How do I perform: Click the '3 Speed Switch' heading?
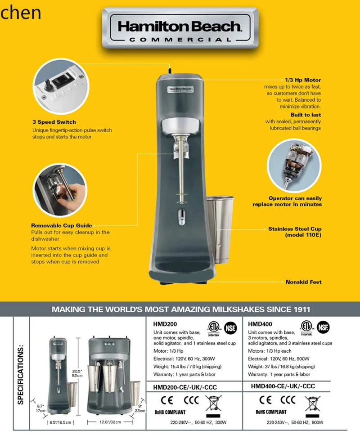(x=54, y=122)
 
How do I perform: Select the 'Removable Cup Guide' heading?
(x=61, y=225)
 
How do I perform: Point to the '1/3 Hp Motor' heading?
(x=303, y=80)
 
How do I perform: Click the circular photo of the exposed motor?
(x=294, y=164)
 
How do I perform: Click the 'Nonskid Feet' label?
(x=303, y=282)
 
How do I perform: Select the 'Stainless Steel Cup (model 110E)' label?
(x=295, y=232)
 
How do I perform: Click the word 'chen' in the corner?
(x=21, y=13)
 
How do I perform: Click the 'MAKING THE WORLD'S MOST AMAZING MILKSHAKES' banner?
(x=180, y=309)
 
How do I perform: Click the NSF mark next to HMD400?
(x=322, y=327)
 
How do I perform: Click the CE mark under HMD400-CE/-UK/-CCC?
(x=265, y=399)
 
